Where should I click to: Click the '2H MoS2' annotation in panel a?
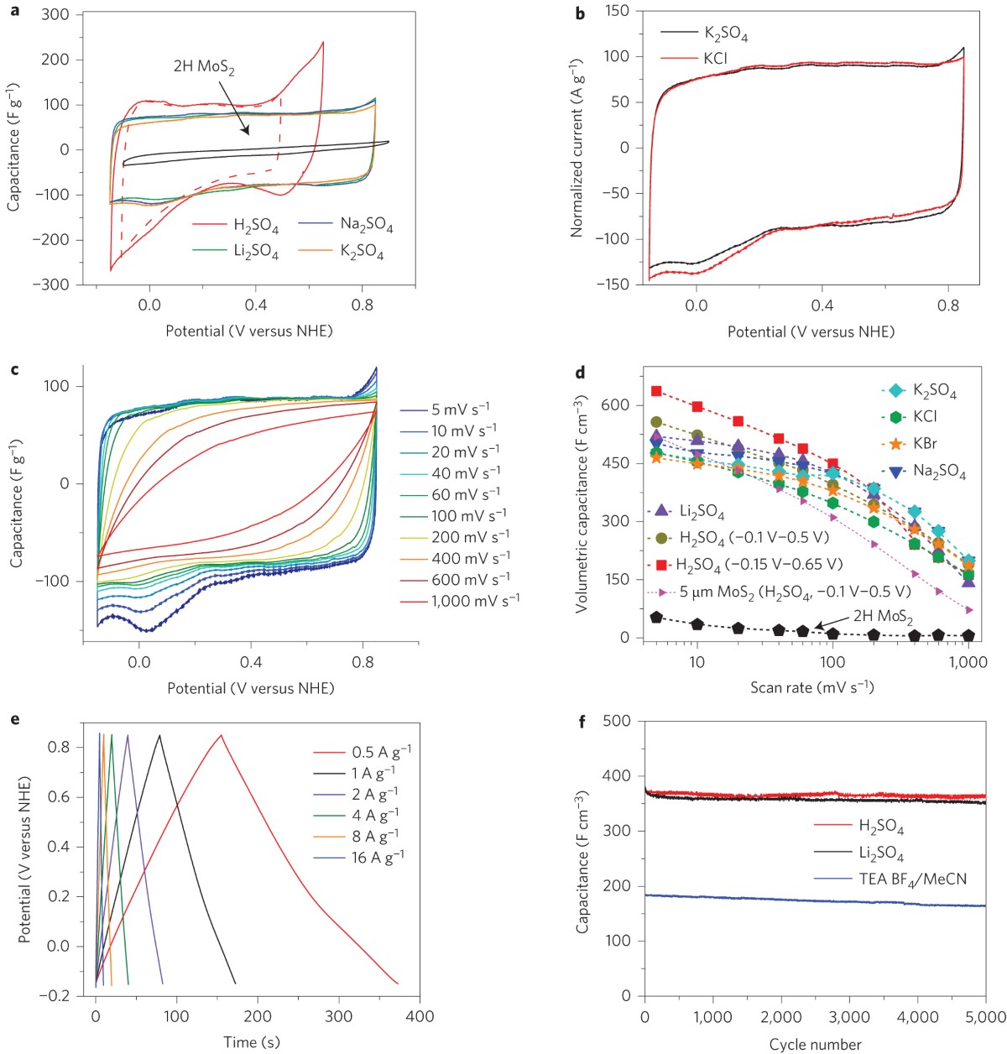pos(204,66)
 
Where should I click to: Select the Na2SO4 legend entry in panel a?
pos(366,224)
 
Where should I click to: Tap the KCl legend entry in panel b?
pos(714,59)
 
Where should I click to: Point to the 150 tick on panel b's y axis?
pos(617,11)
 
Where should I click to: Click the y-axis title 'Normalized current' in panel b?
pos(577,147)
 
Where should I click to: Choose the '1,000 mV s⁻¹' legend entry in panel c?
pos(475,601)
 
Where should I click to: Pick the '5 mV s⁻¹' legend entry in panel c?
pos(461,410)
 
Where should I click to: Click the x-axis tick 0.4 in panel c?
pos(251,663)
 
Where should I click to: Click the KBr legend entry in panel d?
pos(926,443)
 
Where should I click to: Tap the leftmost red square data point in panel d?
pos(656,391)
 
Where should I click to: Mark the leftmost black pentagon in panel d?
pos(656,617)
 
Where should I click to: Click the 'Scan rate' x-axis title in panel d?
pos(811,687)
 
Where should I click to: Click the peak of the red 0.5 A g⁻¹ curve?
pos(222,735)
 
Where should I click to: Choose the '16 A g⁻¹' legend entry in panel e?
pos(378,857)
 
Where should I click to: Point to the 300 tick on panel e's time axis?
pos(339,1016)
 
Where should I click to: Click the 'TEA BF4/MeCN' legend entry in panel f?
pos(912,879)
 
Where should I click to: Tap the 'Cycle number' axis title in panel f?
pos(815,1045)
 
